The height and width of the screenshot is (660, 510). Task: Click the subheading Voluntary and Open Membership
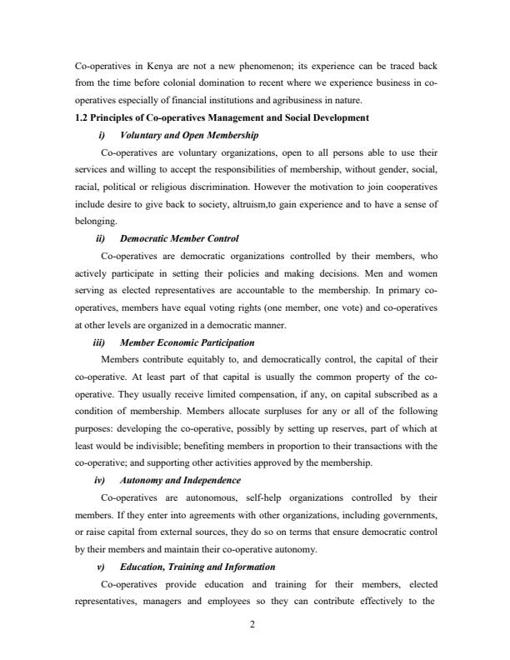(189, 135)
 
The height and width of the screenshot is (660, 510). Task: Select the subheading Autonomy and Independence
(180, 480)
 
